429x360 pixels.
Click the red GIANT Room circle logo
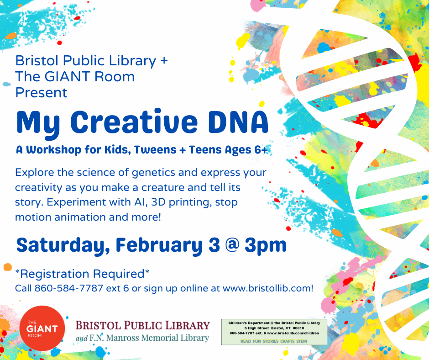pyautogui.click(x=42, y=328)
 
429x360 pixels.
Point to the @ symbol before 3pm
pyautogui.click(x=232, y=245)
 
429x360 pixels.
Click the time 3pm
pyautogui.click(x=266, y=245)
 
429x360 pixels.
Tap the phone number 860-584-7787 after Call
pyautogui.click(x=68, y=288)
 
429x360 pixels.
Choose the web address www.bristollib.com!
pyautogui.click(x=268, y=288)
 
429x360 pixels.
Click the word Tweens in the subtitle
pyautogui.click(x=155, y=149)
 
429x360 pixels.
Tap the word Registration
pyautogui.click(x=55, y=274)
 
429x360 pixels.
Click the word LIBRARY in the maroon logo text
pyautogui.click(x=188, y=325)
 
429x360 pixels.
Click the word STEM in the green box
pyautogui.click(x=302, y=341)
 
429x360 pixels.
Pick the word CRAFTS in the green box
pyautogui.click(x=287, y=341)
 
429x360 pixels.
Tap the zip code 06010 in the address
pyautogui.click(x=298, y=328)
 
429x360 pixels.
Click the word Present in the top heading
pyautogui.click(x=41, y=93)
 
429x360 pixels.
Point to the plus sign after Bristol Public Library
pyautogui.click(x=164, y=61)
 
